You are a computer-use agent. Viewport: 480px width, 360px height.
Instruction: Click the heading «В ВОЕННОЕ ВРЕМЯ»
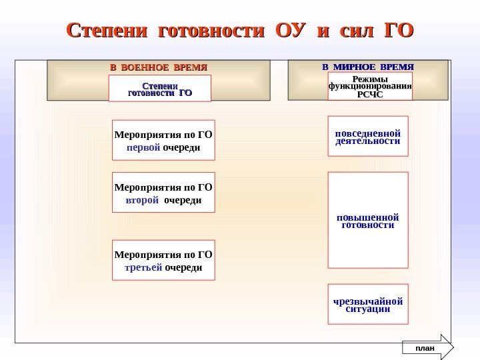(159, 67)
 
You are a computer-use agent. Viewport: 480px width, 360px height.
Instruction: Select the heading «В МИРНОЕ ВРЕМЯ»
(368, 67)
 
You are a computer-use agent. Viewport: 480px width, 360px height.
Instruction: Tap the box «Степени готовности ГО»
(159, 89)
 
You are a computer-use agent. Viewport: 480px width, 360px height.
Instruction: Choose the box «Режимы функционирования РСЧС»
(370, 87)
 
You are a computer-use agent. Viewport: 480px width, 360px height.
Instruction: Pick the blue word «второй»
(142, 199)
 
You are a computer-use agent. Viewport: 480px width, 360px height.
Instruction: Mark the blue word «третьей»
(143, 267)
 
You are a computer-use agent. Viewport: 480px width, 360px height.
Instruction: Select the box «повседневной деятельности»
(367, 136)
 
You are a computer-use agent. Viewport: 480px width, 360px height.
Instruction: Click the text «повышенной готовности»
(367, 221)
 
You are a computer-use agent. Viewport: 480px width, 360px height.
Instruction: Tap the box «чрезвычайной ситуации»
(367, 305)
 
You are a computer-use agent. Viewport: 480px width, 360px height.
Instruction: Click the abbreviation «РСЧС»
(370, 95)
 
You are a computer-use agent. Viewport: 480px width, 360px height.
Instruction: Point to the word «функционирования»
(370, 87)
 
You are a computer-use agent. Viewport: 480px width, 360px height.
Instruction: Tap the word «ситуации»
(367, 309)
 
